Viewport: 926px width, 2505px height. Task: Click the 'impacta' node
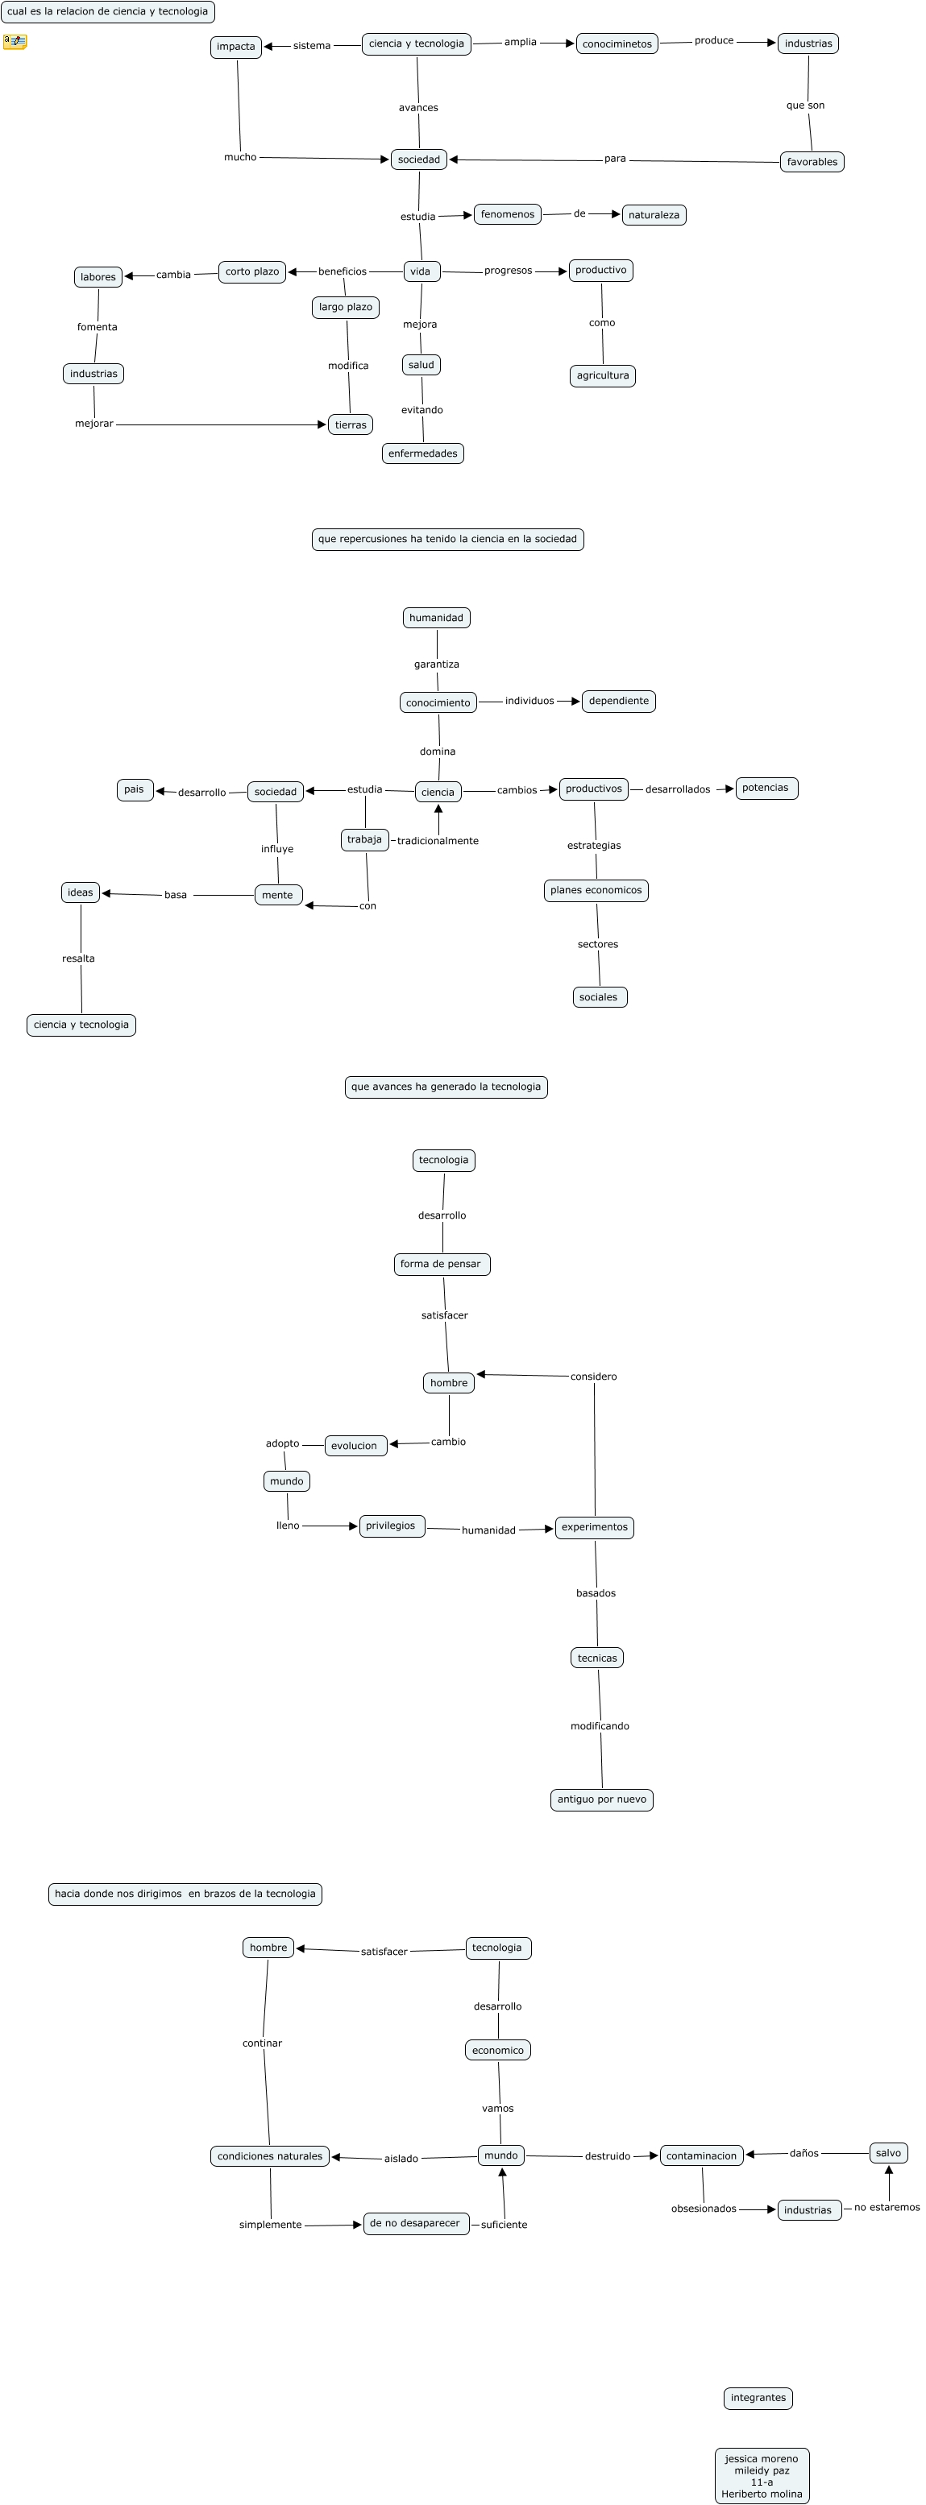[235, 47]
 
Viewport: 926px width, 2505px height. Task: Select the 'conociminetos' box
[617, 43]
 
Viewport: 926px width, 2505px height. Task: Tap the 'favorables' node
[812, 161]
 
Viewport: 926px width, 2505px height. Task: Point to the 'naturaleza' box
[654, 215]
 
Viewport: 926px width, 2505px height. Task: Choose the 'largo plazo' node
[345, 308]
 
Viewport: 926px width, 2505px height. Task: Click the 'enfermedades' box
[422, 453]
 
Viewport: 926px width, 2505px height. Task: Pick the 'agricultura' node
[602, 375]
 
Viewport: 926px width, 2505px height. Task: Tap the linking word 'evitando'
[422, 410]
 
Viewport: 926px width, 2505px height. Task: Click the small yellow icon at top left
[15, 42]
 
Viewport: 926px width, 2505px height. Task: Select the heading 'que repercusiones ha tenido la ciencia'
[447, 539]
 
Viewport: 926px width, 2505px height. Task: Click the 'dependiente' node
[619, 701]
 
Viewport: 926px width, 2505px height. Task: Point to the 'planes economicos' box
[596, 890]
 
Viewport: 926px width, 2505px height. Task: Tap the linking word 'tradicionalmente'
[438, 840]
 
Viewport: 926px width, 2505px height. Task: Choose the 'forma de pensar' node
[441, 1264]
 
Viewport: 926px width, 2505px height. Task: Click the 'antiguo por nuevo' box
[601, 1799]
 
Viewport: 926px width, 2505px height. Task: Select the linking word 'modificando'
[599, 1726]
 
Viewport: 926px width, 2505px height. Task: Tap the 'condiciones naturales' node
[269, 2156]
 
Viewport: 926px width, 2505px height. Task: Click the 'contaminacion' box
[701, 2156]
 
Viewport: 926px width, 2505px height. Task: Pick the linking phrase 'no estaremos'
[887, 2208]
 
